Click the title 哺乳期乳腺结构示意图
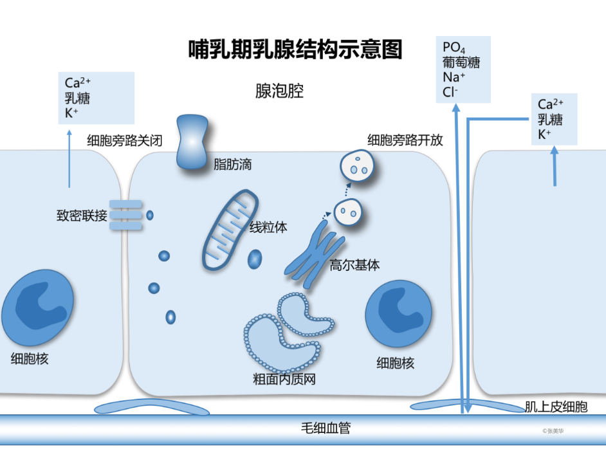point(295,50)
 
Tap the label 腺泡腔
point(279,91)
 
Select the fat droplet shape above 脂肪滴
point(191,142)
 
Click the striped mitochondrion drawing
point(226,228)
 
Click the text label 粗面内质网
point(284,379)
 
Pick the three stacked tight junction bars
point(125,215)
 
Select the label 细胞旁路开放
point(405,140)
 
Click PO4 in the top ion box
point(454,48)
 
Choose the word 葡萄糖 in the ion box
point(461,62)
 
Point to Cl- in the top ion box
point(450,92)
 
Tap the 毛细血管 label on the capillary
point(326,428)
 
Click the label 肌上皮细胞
point(556,407)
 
